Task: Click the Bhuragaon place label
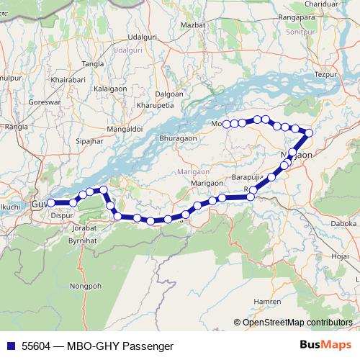(178, 137)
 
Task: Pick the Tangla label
(94, 64)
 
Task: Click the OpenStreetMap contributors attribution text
(297, 322)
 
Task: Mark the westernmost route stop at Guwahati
(51, 203)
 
